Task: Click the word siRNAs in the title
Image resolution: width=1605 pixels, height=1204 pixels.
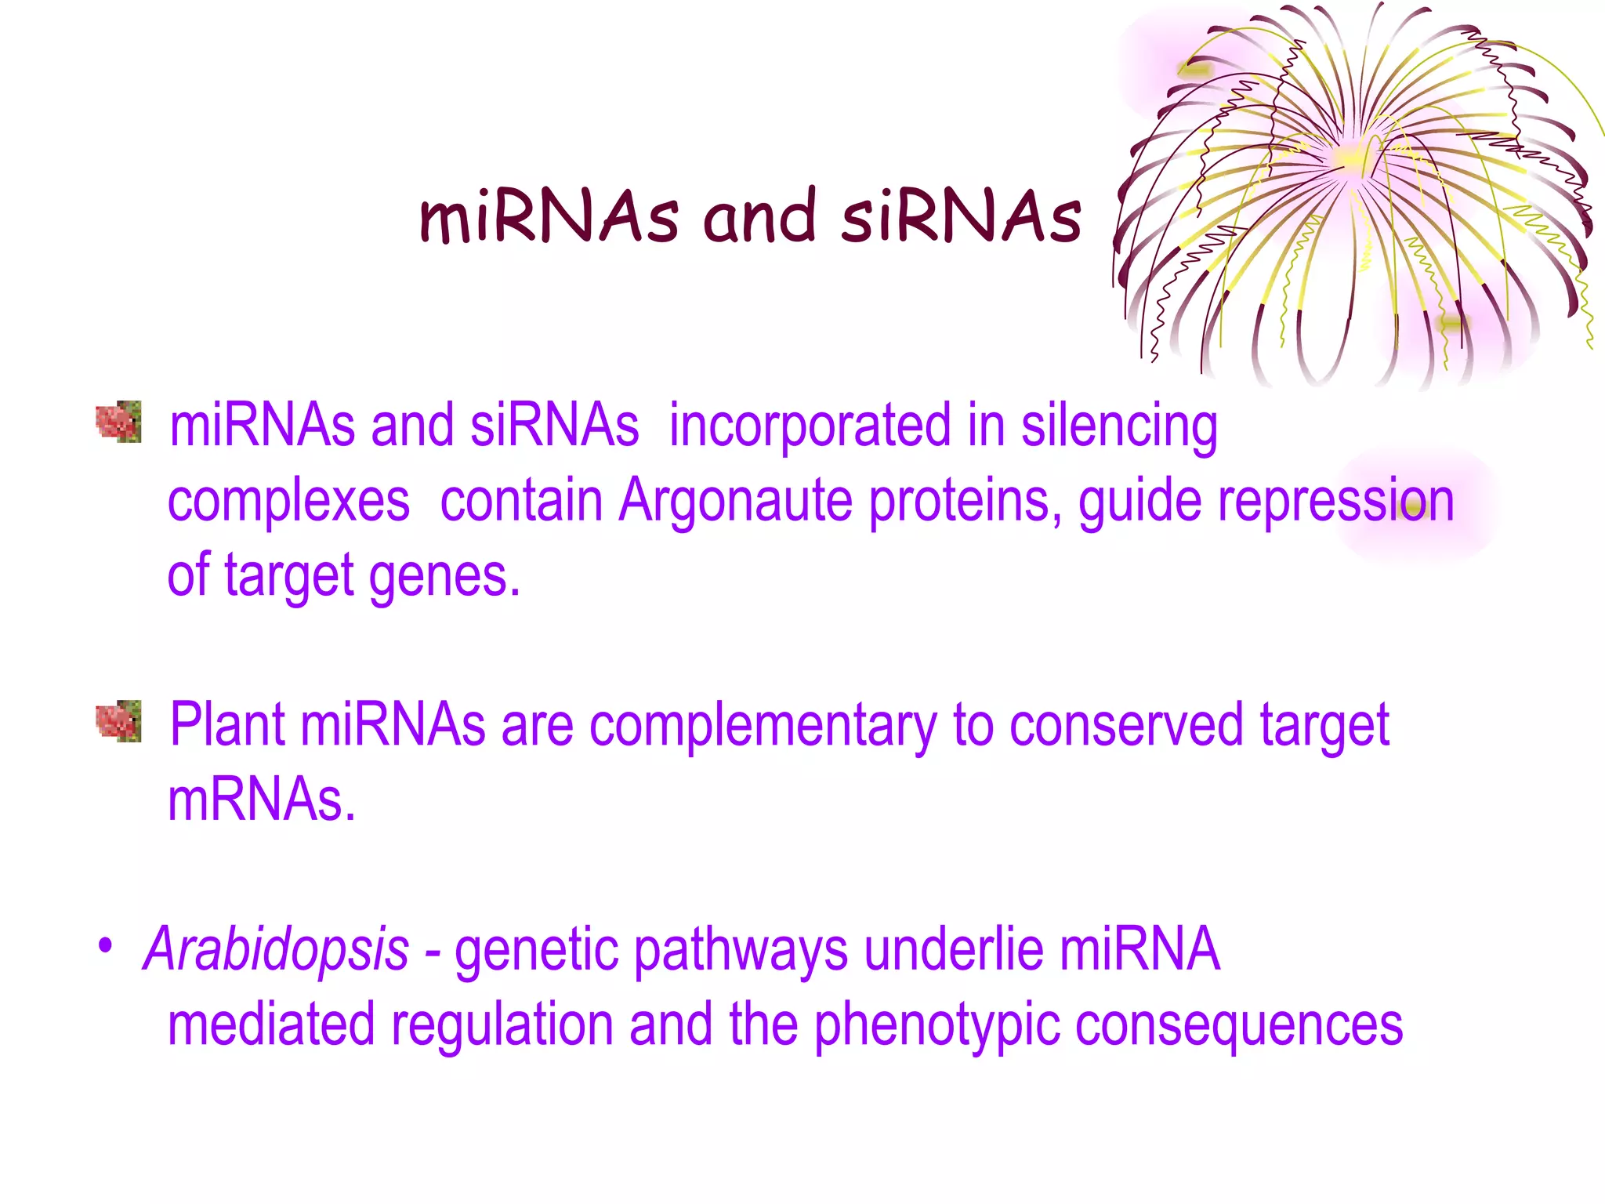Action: coord(962,217)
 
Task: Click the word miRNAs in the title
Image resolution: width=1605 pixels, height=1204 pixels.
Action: coord(549,217)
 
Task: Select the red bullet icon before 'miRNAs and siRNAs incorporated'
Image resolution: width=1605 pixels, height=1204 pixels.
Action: coord(118,422)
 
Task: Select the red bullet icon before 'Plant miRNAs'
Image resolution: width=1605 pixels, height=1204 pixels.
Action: coord(118,720)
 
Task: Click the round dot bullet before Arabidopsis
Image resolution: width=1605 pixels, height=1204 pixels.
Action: coord(105,945)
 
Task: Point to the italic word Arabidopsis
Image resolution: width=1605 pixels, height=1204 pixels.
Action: coord(276,950)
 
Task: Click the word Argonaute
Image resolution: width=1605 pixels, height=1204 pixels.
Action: coord(735,500)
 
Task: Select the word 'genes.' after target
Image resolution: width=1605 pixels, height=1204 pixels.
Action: coord(444,576)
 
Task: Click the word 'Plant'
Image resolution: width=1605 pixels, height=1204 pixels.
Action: coord(227,724)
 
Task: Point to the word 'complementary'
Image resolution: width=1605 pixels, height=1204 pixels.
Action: coord(762,726)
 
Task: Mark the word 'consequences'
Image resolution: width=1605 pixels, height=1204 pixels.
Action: coord(1238,1025)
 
